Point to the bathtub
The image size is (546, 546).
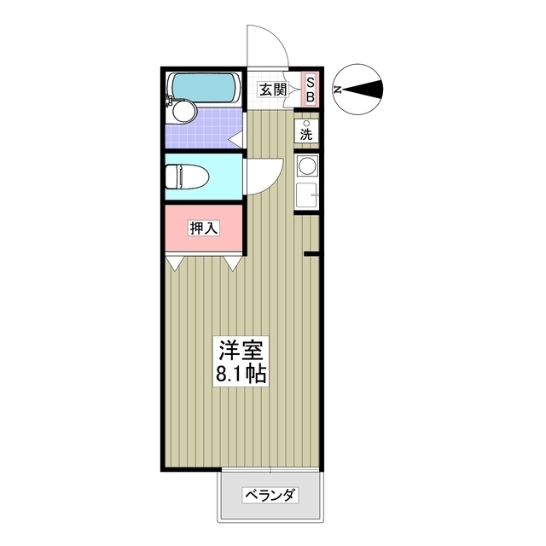point(203,87)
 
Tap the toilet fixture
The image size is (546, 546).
point(186,177)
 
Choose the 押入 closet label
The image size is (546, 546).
point(204,228)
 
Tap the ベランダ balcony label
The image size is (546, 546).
point(271,496)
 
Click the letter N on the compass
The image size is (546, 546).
point(338,90)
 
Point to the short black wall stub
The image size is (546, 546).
point(311,253)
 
